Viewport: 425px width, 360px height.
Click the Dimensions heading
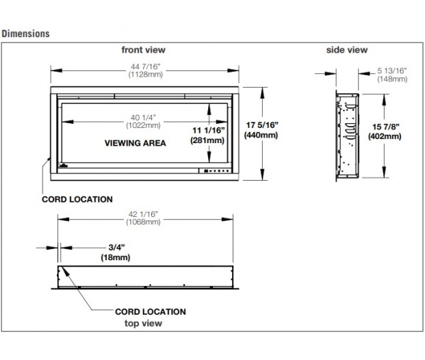(25, 33)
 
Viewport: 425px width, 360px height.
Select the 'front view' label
(143, 50)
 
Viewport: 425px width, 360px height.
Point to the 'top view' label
(143, 322)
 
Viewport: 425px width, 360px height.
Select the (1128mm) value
(143, 73)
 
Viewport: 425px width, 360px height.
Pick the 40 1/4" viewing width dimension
(143, 116)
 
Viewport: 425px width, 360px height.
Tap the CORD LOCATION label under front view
(77, 200)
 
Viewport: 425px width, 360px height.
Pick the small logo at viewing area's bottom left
(64, 166)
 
